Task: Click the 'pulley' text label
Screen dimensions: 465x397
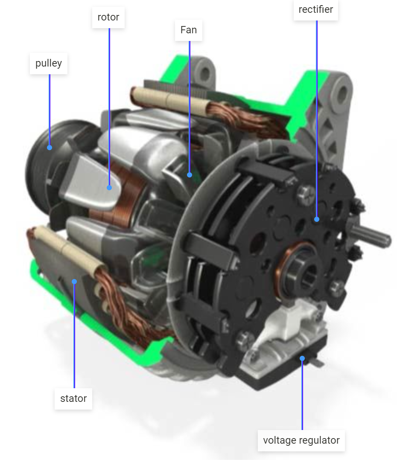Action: (49, 64)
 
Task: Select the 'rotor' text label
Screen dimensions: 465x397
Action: (108, 17)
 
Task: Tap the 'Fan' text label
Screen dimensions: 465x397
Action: (189, 30)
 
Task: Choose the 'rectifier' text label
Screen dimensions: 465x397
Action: (316, 9)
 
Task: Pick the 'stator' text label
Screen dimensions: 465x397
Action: (73, 398)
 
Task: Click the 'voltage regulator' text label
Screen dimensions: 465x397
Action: (301, 440)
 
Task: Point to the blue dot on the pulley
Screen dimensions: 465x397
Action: (50, 148)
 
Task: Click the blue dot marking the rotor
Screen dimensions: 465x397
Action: (109, 187)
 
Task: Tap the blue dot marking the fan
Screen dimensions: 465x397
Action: (190, 174)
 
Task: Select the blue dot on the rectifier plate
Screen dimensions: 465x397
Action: (317, 219)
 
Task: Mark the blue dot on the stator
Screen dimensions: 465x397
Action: (74, 281)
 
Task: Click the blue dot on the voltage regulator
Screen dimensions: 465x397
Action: (302, 358)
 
